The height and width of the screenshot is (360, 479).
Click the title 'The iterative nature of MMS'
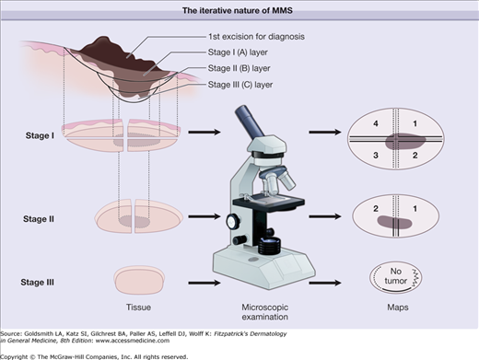click(238, 11)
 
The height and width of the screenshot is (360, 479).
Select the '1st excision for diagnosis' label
click(256, 37)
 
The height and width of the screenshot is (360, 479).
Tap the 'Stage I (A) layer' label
click(238, 52)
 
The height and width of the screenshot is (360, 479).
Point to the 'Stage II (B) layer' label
click(239, 68)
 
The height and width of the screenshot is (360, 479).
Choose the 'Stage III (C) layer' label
click(240, 85)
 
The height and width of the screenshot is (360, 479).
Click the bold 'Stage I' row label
click(40, 135)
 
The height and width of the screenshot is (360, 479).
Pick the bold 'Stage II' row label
click(39, 219)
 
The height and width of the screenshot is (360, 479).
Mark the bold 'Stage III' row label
click(38, 283)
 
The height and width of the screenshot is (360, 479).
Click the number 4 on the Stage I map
click(376, 123)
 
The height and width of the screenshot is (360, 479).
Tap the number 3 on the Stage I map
click(376, 156)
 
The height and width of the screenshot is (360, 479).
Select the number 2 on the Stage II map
click(376, 209)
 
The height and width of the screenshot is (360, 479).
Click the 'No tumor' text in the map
click(396, 276)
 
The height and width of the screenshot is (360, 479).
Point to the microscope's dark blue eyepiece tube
click(249, 122)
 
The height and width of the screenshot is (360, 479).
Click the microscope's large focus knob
click(233, 221)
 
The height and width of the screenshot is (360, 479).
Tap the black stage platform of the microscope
click(269, 203)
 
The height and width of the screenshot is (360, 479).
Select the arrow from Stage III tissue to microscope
click(204, 283)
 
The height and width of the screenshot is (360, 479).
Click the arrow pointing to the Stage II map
click(325, 216)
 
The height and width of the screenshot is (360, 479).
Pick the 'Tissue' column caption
click(138, 308)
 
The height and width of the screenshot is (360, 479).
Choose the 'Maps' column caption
click(398, 308)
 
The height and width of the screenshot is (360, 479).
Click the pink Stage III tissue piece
click(139, 280)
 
